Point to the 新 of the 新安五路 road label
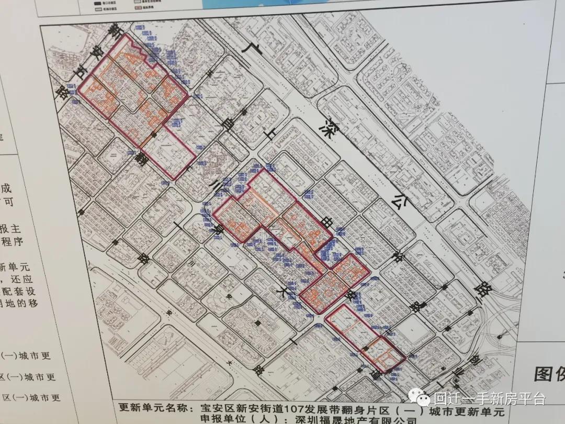click(111, 32)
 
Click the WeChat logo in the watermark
click(419, 399)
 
